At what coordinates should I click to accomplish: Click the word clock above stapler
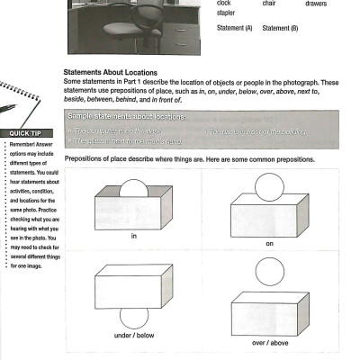pos(224,4)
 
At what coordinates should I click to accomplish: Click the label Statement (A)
pos(235,28)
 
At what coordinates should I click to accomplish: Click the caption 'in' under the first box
pos(133,236)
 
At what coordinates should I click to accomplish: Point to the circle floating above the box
pos(267,271)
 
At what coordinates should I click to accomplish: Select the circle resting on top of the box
pos(267,185)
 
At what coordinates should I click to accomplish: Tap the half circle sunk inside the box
pos(133,189)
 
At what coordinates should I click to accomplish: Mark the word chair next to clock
pos(268,4)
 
